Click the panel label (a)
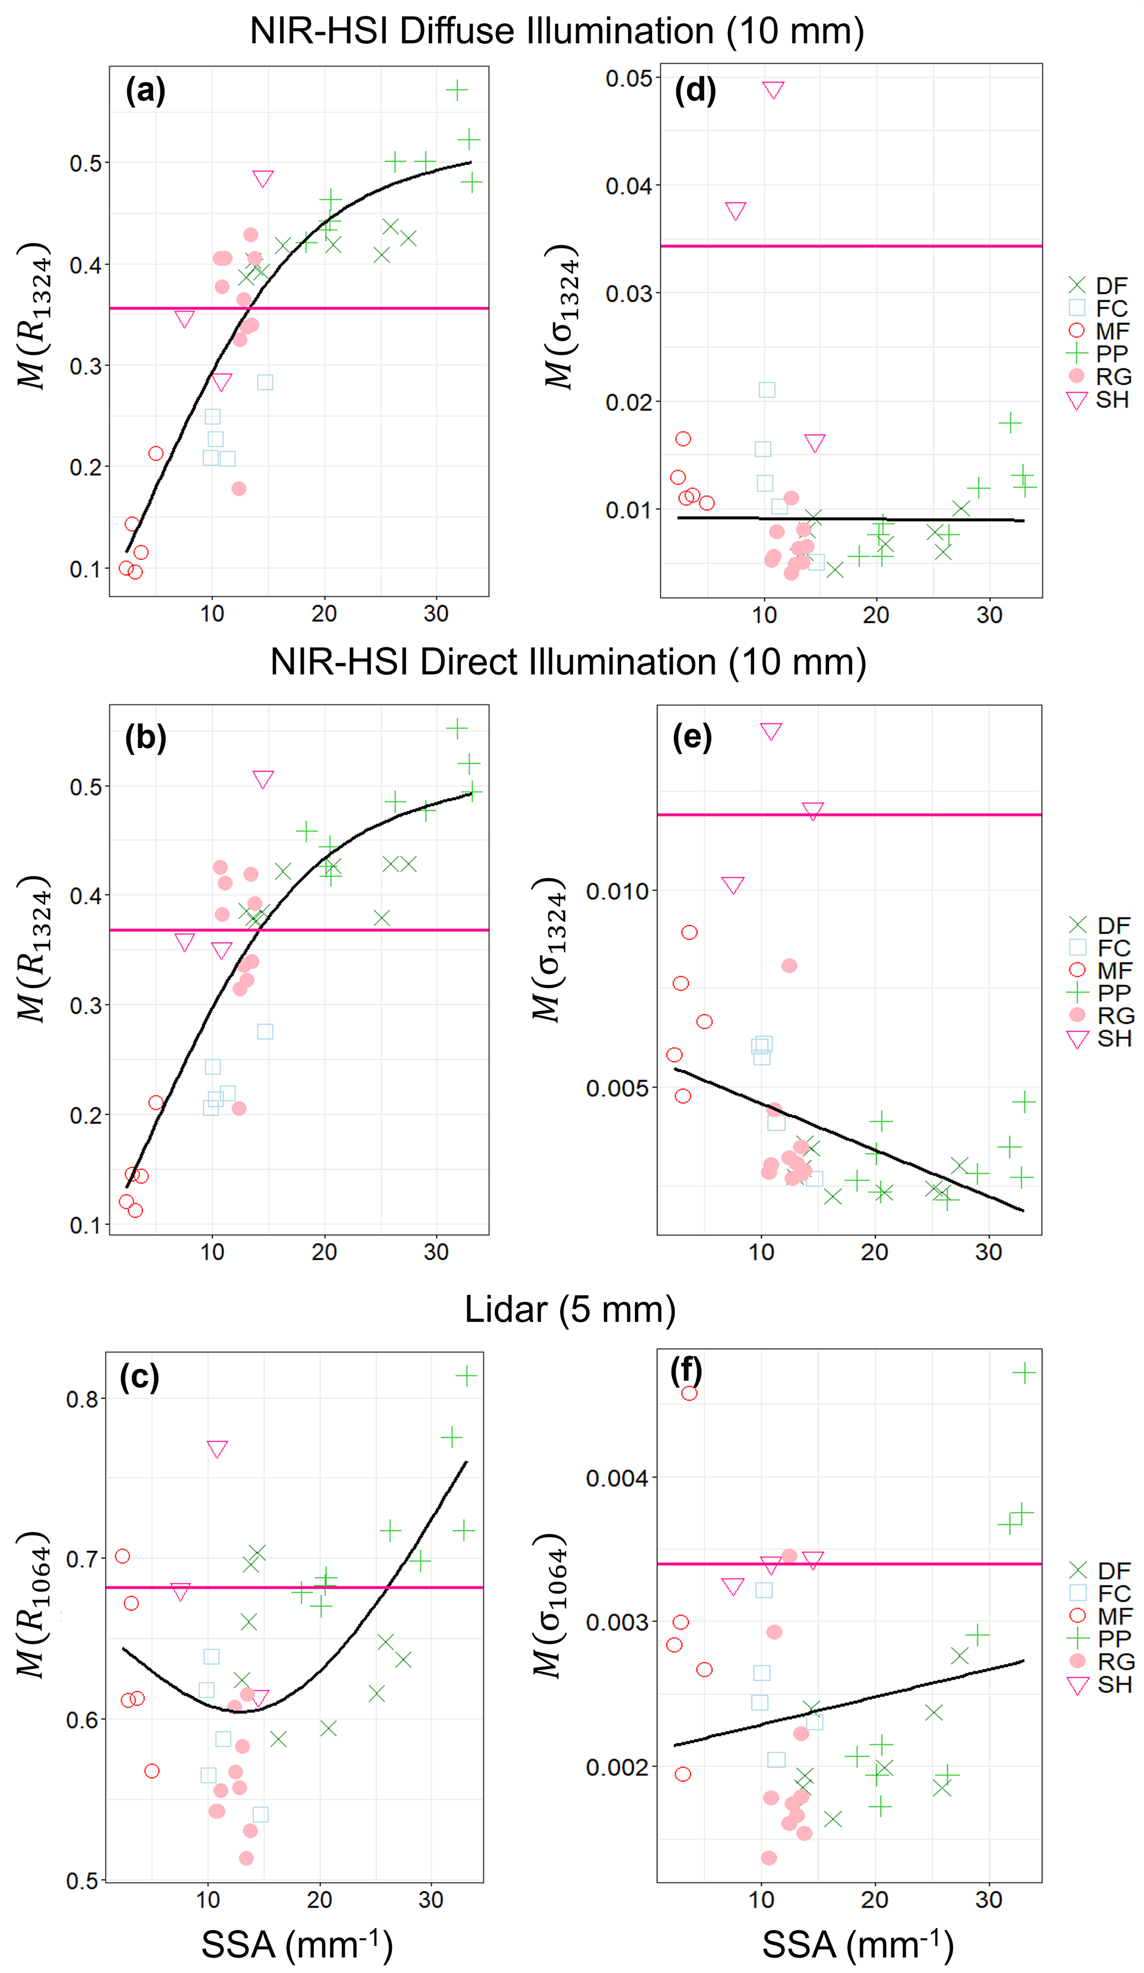tap(145, 91)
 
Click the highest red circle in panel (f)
tap(689, 1393)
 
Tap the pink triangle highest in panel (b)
tap(263, 779)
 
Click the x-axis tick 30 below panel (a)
tap(436, 614)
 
